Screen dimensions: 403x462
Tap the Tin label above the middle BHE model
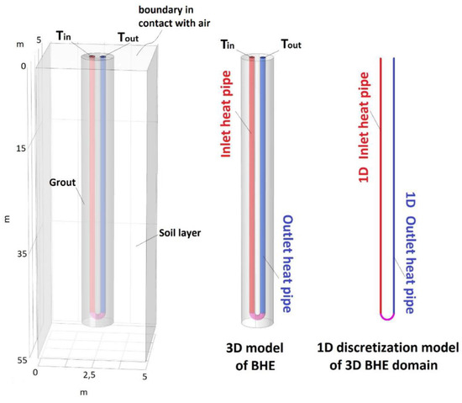click(228, 44)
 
